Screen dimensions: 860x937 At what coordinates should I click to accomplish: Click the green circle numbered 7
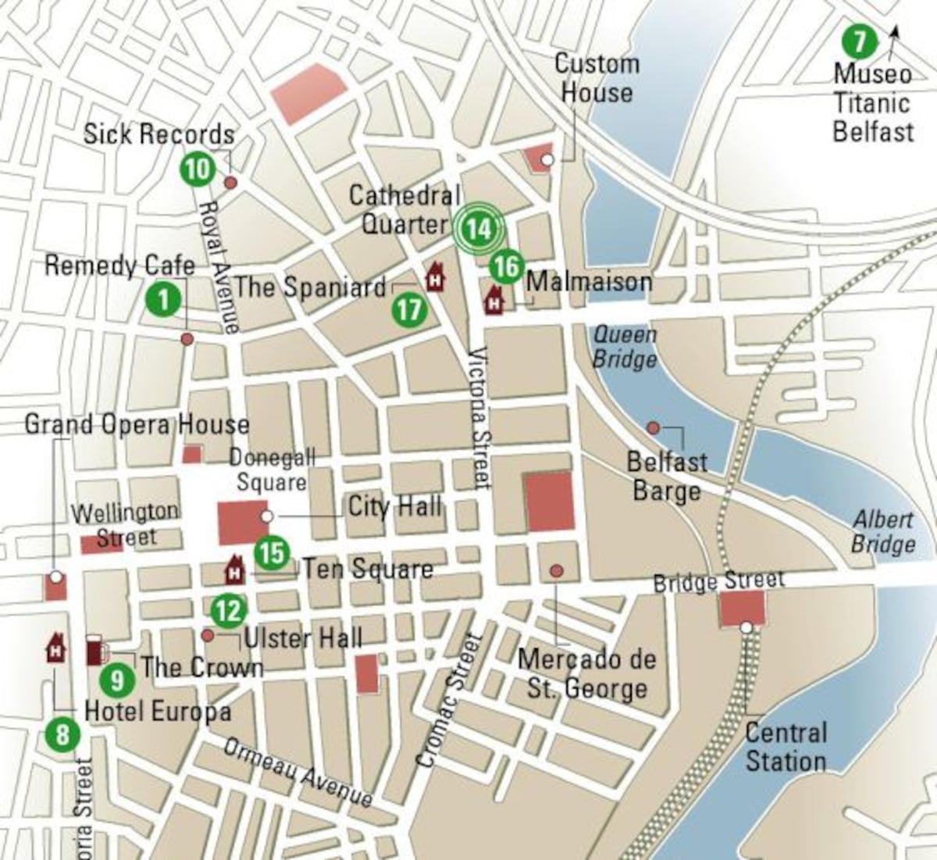[859, 41]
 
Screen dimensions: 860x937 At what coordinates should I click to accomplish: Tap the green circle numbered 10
[198, 168]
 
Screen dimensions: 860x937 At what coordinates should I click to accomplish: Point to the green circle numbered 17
[409, 310]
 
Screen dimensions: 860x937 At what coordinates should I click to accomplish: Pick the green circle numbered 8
[62, 734]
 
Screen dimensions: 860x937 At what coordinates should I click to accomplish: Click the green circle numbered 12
[229, 610]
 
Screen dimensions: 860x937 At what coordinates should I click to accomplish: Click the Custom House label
[597, 78]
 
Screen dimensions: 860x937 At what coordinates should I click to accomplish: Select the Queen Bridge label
[624, 347]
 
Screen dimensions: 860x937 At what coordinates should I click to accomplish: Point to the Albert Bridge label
[883, 531]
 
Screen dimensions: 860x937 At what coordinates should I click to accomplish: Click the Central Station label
[785, 747]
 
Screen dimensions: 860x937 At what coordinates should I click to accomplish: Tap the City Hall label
[394, 506]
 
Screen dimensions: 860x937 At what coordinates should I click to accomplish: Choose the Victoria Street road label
[479, 418]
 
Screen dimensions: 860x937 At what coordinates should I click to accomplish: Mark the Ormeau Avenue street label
[298, 771]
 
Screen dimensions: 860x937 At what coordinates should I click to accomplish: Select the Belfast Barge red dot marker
[653, 427]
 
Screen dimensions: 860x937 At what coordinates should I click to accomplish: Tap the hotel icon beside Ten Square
[234, 570]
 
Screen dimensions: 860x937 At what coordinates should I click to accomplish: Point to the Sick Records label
[159, 134]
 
